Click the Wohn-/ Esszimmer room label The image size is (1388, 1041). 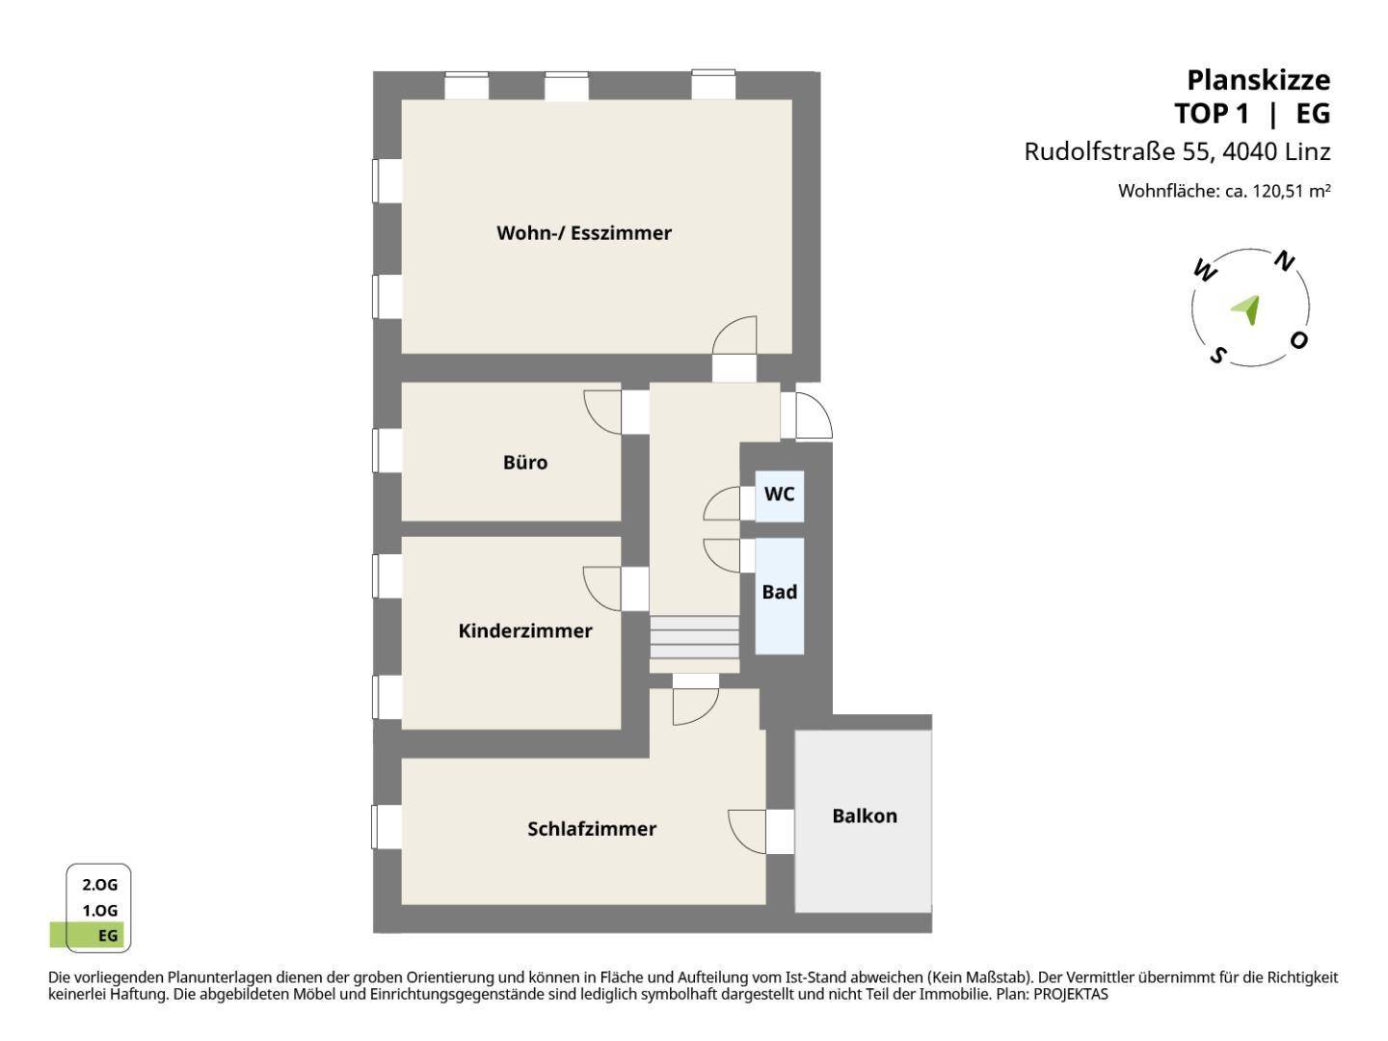coord(583,233)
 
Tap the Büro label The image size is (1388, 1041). coord(525,462)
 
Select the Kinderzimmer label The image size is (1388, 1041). coord(525,630)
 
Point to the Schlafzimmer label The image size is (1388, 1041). coord(591,829)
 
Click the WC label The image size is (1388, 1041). coord(779,494)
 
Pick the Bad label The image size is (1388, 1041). coord(779,592)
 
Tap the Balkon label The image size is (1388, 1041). coord(864,816)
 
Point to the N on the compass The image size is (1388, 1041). coord(1284,261)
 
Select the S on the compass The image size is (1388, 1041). coord(1217,356)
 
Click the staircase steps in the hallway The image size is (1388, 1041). coord(694,637)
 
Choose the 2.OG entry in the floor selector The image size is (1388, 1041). coord(100,884)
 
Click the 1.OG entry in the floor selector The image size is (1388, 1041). coord(100,910)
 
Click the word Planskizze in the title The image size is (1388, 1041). coord(1259,81)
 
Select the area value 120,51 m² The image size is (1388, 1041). coord(1292,190)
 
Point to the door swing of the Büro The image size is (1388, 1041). coord(602,413)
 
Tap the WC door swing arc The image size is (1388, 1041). coord(722,503)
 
